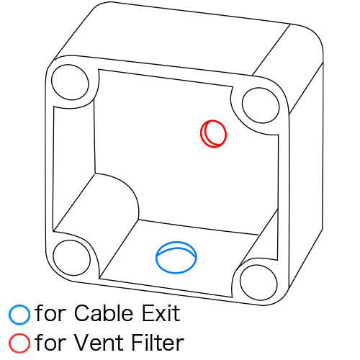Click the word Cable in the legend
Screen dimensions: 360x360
click(x=104, y=313)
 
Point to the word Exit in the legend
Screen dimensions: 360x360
click(x=161, y=313)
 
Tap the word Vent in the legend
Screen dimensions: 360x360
click(x=100, y=342)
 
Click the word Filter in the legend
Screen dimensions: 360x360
click(x=158, y=342)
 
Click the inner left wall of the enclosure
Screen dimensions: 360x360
click(x=73, y=168)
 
